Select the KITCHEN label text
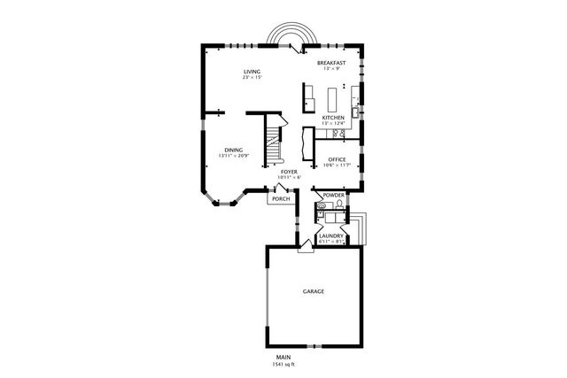click(333, 117)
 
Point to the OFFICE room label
click(337, 159)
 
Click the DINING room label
click(233, 150)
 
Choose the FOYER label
click(289, 171)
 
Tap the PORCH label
click(281, 198)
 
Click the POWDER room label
click(333, 195)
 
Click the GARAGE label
click(313, 291)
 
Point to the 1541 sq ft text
click(283, 365)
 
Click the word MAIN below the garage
click(283, 358)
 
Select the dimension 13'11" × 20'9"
click(234, 157)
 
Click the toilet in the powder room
click(322, 208)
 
